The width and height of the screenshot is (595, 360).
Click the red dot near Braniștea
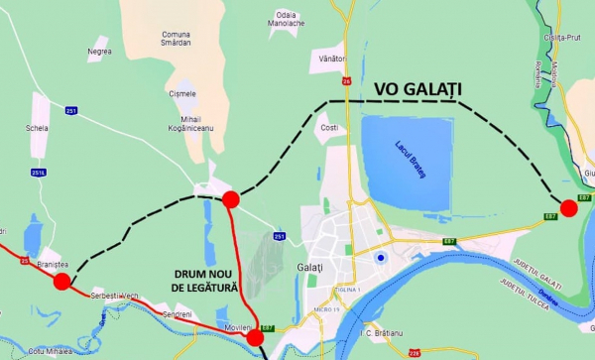click(61, 282)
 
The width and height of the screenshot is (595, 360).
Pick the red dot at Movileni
click(255, 337)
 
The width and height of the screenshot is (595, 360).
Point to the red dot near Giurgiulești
click(569, 207)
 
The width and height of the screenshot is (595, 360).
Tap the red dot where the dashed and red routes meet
click(230, 199)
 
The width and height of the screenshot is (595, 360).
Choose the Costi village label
click(329, 128)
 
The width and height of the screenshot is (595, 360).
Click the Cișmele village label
click(182, 93)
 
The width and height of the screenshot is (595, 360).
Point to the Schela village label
click(39, 128)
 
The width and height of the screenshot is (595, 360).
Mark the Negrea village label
click(99, 52)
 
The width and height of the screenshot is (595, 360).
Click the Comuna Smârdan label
click(176, 39)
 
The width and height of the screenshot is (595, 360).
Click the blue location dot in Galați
click(380, 260)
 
